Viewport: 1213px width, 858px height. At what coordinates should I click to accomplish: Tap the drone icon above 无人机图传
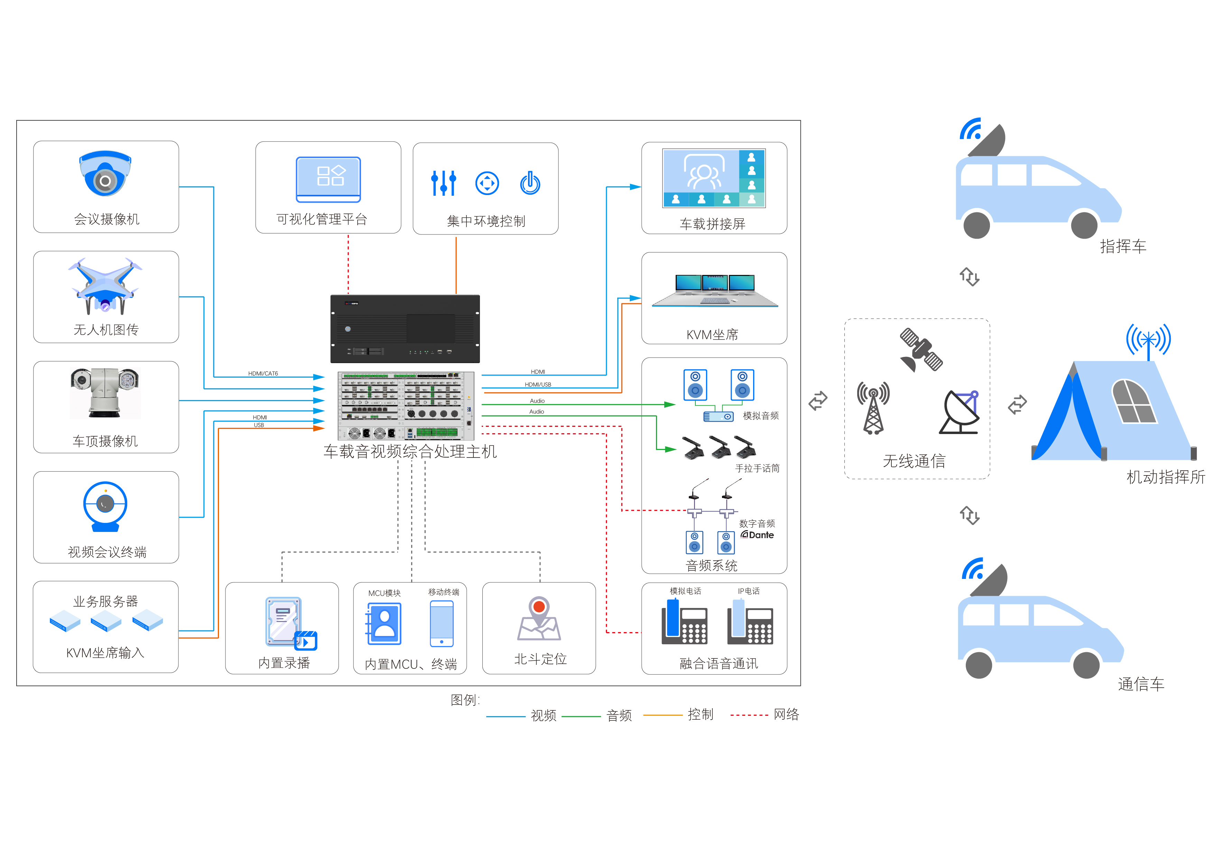coord(105,286)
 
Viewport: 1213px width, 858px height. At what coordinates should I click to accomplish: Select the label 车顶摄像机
coord(105,441)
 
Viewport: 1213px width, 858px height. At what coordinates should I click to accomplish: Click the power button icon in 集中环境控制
coord(530,183)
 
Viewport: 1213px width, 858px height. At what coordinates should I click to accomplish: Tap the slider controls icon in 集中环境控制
coord(443,183)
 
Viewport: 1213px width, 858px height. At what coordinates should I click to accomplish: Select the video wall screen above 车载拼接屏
coord(714,178)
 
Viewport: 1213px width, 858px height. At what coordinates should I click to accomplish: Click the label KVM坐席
coord(712,334)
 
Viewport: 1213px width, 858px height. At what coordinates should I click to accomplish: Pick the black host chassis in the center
coord(405,329)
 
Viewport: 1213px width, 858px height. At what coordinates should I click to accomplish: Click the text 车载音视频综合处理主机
coord(410,452)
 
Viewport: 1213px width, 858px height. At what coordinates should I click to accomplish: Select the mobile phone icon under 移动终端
coord(442,624)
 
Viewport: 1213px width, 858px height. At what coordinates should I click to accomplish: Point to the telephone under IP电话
coord(750,625)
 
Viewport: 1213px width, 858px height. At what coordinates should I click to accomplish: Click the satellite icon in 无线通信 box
coord(921,350)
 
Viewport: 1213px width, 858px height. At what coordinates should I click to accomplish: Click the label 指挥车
coord(1123,246)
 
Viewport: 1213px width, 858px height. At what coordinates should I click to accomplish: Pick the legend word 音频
coord(619,716)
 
